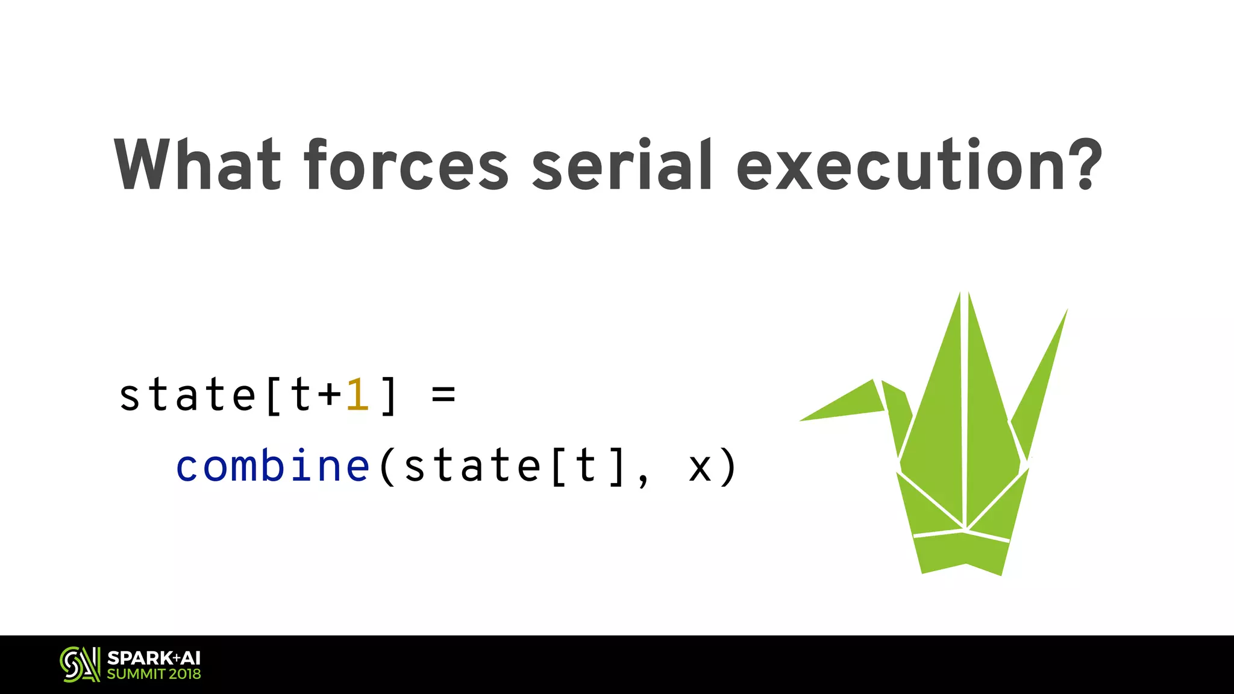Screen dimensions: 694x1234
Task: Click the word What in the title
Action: click(x=198, y=164)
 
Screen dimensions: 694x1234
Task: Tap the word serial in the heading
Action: click(x=622, y=164)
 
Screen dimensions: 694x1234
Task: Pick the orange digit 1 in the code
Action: click(x=357, y=396)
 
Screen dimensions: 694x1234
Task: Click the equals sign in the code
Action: click(x=443, y=396)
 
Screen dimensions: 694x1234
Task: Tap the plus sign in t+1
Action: click(x=329, y=396)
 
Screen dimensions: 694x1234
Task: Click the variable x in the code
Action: click(x=700, y=467)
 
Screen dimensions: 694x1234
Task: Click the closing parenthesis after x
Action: click(x=728, y=467)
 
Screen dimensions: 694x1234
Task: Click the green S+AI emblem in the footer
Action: click(x=80, y=664)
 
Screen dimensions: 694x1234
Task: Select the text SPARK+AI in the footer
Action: click(x=154, y=658)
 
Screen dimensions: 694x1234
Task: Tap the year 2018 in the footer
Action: click(x=184, y=674)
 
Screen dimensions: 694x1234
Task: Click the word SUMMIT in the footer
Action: click(x=136, y=674)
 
